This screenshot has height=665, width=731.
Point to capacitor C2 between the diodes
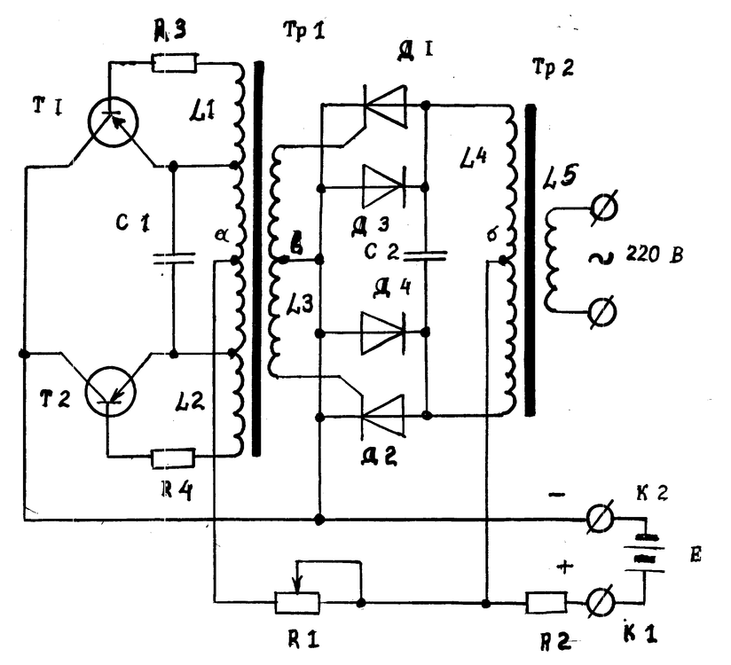click(x=426, y=254)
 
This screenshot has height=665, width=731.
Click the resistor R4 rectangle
click(x=172, y=458)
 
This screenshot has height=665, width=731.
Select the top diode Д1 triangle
click(x=385, y=106)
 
